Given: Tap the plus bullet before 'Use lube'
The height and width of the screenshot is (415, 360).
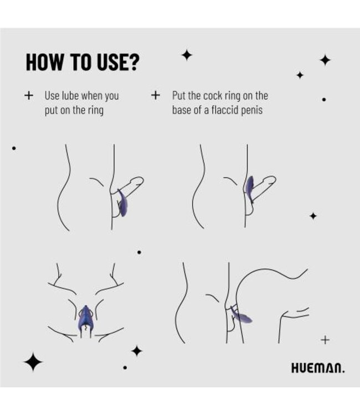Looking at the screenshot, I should click(29, 95).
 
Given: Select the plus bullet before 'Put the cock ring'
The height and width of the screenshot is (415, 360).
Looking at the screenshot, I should click(156, 95).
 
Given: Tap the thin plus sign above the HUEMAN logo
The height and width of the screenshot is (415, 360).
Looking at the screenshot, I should click(325, 340).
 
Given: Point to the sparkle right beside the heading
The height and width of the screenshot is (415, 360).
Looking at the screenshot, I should click(187, 55).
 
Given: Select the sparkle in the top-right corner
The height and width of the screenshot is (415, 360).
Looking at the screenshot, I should click(325, 60).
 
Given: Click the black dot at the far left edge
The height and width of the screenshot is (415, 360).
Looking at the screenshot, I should click(14, 148).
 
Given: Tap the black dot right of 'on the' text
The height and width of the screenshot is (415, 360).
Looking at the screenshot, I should click(324, 100).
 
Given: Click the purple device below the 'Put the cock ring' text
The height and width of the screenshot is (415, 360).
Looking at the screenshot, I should click(250, 185).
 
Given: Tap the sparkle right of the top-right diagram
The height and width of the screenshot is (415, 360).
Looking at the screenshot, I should click(313, 216).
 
